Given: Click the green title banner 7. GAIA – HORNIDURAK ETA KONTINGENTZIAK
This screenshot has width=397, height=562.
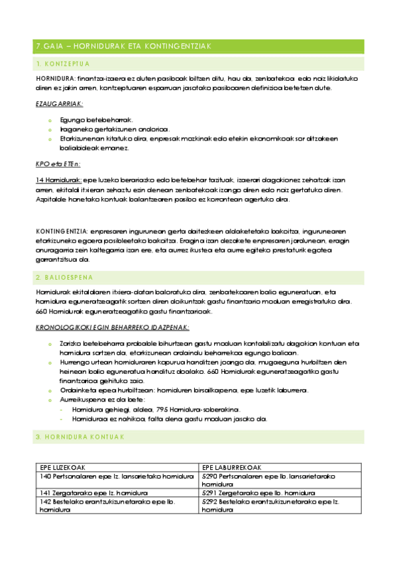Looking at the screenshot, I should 199,46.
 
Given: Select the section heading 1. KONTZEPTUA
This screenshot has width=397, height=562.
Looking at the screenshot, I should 64,64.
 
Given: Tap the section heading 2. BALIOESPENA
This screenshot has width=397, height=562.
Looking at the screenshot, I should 65,276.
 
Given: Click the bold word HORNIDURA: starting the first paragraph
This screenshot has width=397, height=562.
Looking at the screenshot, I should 56,78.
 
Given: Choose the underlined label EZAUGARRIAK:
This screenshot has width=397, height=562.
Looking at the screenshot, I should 59,103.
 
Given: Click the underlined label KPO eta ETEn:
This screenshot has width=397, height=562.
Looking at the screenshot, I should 58,164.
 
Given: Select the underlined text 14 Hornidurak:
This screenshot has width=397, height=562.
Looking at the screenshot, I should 58,180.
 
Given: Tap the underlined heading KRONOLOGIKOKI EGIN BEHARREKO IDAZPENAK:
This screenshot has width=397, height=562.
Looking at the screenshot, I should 113,327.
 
